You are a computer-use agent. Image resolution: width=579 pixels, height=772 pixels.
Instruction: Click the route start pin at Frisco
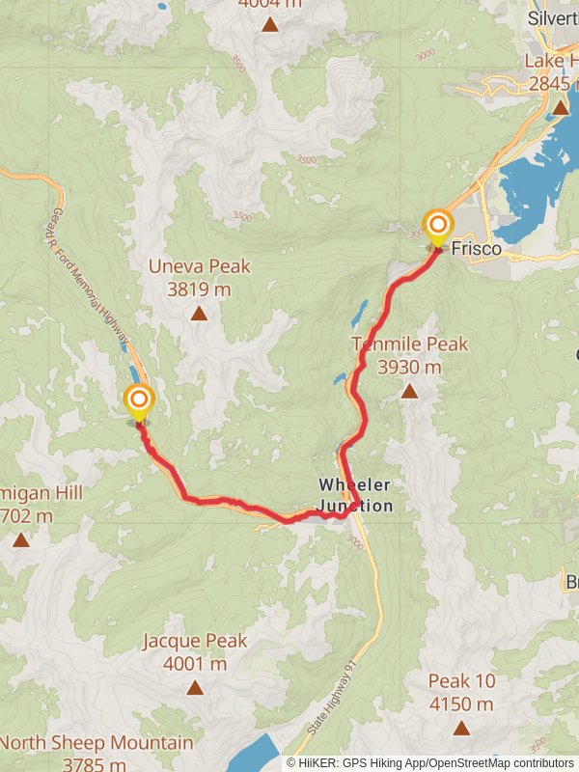click(437, 228)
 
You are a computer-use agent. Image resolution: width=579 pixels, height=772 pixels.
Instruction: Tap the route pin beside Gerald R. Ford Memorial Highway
click(138, 400)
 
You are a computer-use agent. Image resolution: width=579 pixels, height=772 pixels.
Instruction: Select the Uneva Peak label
click(199, 266)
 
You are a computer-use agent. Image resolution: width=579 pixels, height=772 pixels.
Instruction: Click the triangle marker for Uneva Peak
click(199, 313)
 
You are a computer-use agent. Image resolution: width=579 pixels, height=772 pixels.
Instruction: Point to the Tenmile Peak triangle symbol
click(410, 391)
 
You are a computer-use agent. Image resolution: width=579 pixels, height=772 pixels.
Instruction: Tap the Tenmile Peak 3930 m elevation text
click(409, 368)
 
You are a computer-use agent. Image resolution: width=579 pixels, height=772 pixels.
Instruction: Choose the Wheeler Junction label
click(356, 494)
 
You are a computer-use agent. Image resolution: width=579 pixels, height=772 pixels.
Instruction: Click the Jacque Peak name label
click(195, 641)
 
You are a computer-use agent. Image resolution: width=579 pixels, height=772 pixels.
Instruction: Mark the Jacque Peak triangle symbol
click(195, 687)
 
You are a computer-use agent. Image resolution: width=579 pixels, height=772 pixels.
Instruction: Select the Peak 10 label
click(461, 681)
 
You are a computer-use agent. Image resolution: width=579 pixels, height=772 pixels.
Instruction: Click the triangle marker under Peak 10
click(461, 728)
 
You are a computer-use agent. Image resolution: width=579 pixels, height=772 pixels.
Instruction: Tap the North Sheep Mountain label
click(96, 743)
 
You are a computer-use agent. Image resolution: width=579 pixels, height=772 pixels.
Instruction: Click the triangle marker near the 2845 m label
click(561, 107)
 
